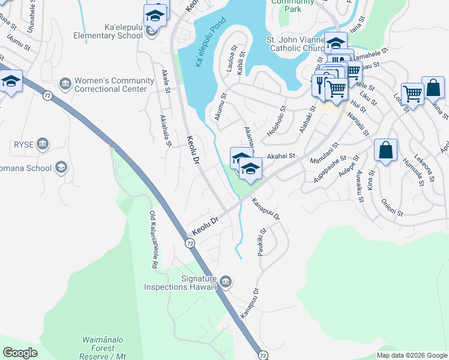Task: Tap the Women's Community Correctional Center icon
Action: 65,82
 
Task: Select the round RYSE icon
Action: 42,144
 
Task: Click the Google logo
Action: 20,352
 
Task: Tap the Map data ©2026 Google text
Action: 412,355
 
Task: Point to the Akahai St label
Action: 282,155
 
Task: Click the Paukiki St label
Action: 262,242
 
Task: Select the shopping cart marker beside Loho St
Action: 412,93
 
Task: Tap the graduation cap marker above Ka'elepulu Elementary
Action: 155,15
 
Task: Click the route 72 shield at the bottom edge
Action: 262,355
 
